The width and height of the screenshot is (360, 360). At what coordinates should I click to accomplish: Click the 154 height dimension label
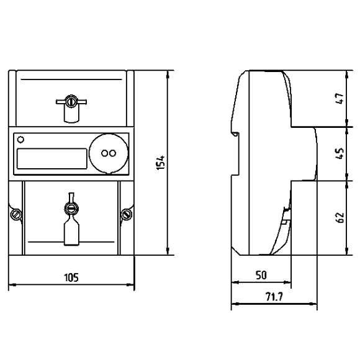click(161, 163)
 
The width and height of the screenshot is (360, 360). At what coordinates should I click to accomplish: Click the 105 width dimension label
click(71, 277)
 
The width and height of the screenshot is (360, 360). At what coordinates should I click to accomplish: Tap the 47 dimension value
click(340, 98)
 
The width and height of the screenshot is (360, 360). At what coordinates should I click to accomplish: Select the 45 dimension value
click(340, 153)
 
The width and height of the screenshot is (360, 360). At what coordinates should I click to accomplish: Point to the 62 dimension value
click(340, 217)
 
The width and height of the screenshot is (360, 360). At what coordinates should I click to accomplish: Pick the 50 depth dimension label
click(261, 275)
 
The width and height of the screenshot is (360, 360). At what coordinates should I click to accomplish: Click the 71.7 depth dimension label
click(274, 297)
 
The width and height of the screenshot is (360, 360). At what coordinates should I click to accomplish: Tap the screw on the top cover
click(71, 101)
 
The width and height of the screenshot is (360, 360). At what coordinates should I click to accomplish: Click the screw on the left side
click(16, 214)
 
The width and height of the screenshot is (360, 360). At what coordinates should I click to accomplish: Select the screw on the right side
click(126, 214)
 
